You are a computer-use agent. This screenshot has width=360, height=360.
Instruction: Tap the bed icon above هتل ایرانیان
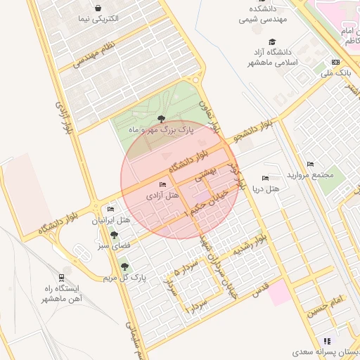[x=110, y=210]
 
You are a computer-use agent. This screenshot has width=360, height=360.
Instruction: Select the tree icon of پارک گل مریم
[x=125, y=266]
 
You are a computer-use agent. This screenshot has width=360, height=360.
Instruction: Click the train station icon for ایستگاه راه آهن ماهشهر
[x=62, y=277]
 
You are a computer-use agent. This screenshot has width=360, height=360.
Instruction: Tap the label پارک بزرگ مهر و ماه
[x=160, y=130]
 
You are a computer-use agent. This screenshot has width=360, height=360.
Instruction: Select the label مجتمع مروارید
[x=314, y=174]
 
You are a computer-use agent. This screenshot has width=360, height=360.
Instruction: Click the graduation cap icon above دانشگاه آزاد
[x=273, y=41]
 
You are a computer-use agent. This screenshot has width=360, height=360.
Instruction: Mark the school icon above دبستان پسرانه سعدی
[x=326, y=340]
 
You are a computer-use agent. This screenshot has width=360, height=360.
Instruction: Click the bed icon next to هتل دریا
[x=265, y=179]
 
